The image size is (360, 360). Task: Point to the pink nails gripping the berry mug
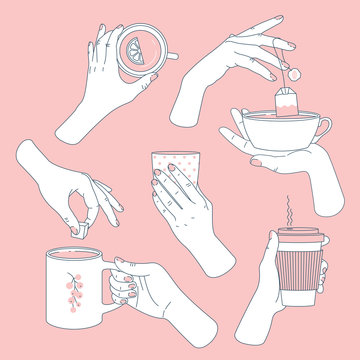pyautogui.click(x=126, y=289)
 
